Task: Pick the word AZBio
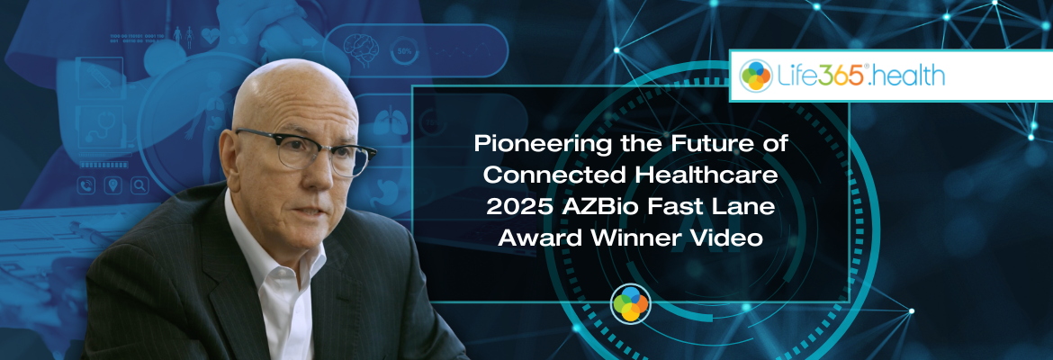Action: click(593, 204)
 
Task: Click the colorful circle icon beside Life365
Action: click(756, 76)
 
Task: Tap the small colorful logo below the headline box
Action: click(630, 304)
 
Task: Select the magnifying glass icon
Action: click(139, 186)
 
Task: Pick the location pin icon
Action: click(114, 186)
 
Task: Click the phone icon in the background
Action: click(88, 186)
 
